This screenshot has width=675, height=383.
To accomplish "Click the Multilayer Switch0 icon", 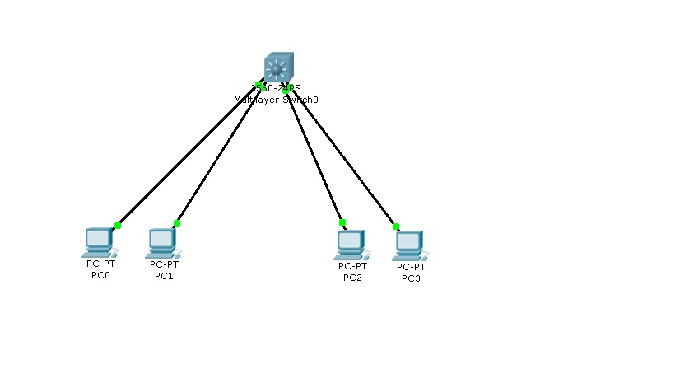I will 277,68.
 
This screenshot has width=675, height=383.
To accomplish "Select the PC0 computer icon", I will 98,241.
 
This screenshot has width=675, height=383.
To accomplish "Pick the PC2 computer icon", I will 350,244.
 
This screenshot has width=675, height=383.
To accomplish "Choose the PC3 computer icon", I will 408,245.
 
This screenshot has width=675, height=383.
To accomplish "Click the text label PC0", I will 100,275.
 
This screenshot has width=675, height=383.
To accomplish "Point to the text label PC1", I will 164,276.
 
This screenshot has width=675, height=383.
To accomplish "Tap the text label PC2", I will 352,278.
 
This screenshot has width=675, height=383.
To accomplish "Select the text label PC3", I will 411,278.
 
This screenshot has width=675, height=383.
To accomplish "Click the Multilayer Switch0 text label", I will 276,99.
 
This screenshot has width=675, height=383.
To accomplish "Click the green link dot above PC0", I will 118,225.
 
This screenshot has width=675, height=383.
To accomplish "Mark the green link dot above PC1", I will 177,223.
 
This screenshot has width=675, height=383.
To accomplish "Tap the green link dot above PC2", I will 342,222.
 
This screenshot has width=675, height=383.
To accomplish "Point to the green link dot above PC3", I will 396,226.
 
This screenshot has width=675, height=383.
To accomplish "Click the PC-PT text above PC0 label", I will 100,264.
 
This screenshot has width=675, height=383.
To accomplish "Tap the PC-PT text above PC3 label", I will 411,267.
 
